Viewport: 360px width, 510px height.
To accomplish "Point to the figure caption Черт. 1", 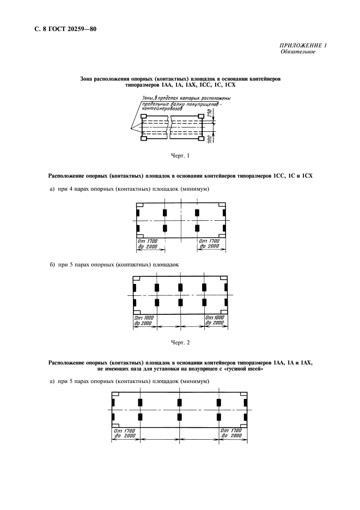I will [x=180, y=156].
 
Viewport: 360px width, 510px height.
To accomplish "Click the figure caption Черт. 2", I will [x=180, y=342].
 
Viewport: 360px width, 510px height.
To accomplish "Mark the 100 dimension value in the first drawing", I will [x=210, y=139].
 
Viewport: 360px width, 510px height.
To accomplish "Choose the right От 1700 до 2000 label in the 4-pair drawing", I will [x=210, y=244].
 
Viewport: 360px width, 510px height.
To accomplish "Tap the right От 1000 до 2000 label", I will [x=215, y=320].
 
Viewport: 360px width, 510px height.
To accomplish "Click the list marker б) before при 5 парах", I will [x=53, y=264].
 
